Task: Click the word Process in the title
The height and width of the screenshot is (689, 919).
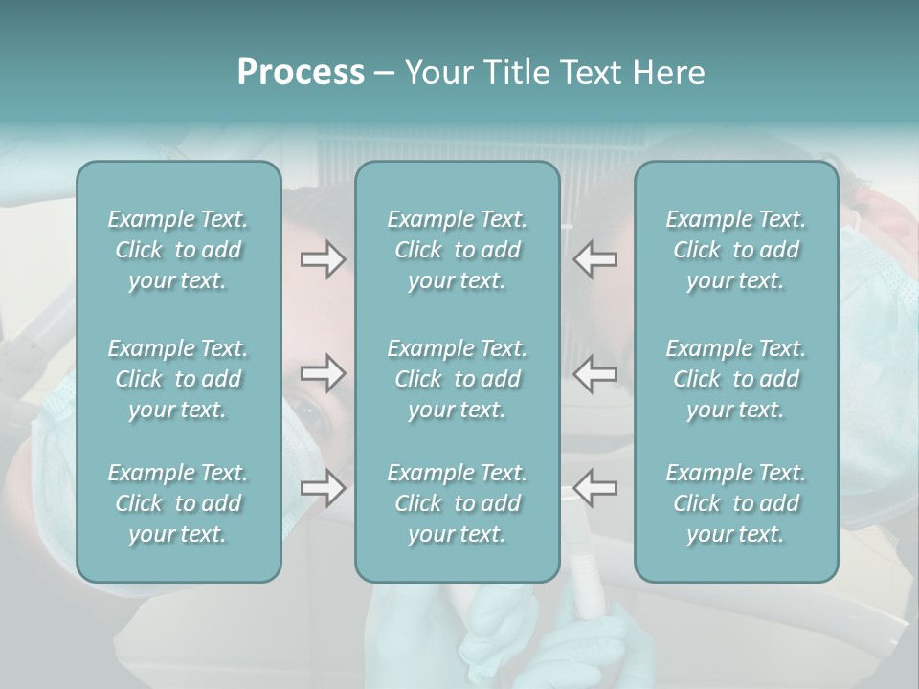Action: (301, 73)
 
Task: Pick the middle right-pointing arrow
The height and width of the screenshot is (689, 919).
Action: (323, 373)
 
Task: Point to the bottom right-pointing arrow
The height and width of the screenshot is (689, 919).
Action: (323, 488)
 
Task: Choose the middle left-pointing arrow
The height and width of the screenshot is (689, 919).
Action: (595, 373)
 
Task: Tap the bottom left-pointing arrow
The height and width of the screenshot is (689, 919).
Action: (595, 488)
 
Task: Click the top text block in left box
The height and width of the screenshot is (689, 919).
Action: (178, 250)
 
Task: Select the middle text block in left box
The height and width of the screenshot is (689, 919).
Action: (178, 379)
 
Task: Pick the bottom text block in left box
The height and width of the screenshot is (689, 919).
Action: (178, 503)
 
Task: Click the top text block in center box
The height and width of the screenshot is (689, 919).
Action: (457, 250)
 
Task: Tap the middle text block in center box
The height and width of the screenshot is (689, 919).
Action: (457, 379)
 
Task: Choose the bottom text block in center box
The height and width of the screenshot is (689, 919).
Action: (457, 503)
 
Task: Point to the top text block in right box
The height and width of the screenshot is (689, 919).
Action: (735, 250)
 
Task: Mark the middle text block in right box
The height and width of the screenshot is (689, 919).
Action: (735, 379)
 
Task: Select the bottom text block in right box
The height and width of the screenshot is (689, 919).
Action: (735, 503)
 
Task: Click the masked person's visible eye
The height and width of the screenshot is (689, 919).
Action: (310, 412)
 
